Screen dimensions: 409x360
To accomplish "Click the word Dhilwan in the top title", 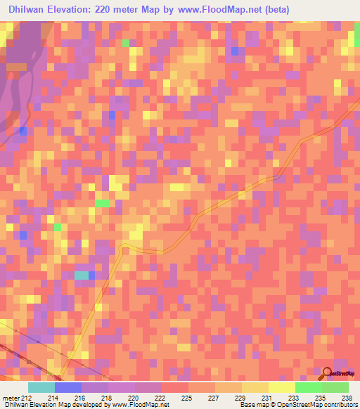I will (x=29, y=9).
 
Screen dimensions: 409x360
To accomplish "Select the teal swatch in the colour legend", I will (x=41, y=387).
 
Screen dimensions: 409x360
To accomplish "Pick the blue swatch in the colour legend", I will (x=68, y=387).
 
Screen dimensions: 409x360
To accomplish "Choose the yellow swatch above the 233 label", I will (x=282, y=387).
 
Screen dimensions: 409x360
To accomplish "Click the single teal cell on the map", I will (x=82, y=275).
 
